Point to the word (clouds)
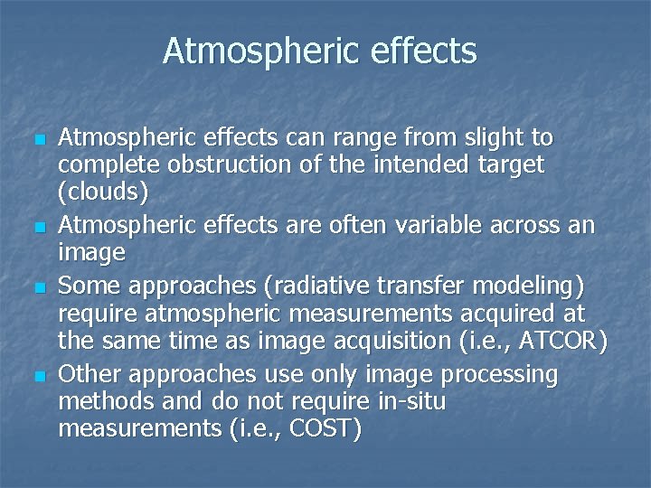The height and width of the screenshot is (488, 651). pyautogui.click(x=103, y=193)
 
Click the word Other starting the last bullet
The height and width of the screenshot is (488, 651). pyautogui.click(x=89, y=372)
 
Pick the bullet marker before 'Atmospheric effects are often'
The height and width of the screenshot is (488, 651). pyautogui.click(x=36, y=224)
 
